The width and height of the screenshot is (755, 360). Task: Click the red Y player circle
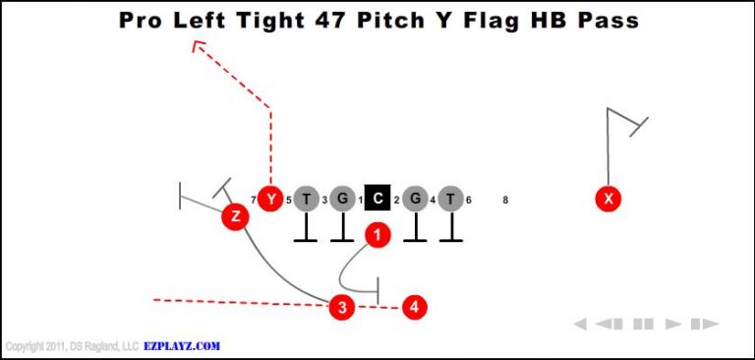click(x=271, y=199)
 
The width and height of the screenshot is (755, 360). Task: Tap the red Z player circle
click(x=234, y=216)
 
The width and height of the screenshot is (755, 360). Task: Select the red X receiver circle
click(x=610, y=199)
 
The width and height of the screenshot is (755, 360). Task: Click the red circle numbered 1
click(x=377, y=234)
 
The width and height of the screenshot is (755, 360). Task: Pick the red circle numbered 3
click(x=341, y=307)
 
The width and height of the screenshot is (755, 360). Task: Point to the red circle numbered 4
click(x=415, y=307)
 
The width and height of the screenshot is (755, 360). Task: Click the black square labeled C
click(x=377, y=199)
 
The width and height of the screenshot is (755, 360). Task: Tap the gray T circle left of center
click(x=306, y=199)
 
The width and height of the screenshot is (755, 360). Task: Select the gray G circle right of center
click(x=415, y=199)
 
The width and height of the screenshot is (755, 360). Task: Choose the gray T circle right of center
click(x=450, y=199)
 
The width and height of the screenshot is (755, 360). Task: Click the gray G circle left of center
click(x=342, y=199)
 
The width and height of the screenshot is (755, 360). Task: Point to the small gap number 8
click(x=505, y=201)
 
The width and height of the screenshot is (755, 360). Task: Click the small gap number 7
click(x=254, y=201)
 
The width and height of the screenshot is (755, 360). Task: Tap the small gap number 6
click(x=469, y=201)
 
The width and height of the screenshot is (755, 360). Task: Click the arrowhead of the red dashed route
click(x=198, y=44)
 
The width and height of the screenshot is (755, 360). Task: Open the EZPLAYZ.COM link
click(x=182, y=346)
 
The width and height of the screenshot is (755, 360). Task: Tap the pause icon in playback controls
click(x=643, y=324)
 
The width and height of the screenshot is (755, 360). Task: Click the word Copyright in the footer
click(x=27, y=346)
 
